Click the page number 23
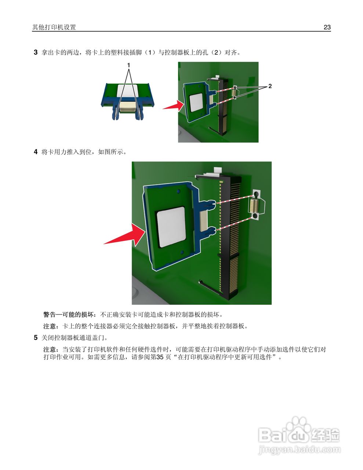(327, 27)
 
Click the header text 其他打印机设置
(54, 27)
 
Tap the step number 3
(36, 53)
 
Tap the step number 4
(36, 152)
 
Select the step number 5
(36, 337)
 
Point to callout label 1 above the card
(128, 65)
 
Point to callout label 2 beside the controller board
(270, 86)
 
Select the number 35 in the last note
(160, 357)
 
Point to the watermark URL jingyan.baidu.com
(299, 449)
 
